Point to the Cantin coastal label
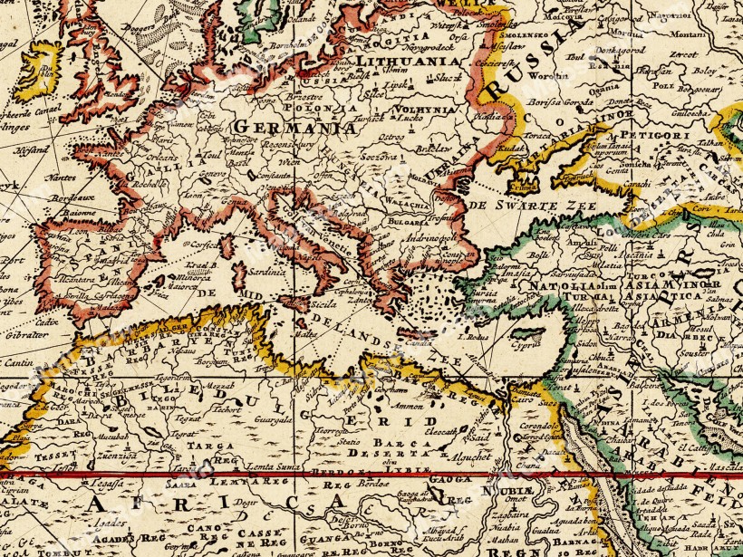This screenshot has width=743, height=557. (19, 361)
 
